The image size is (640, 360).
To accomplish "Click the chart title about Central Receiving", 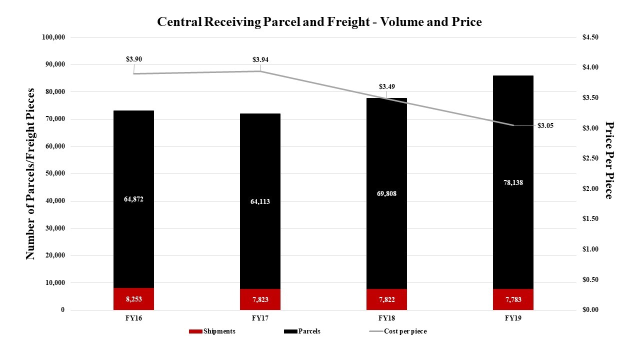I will [x=319, y=22].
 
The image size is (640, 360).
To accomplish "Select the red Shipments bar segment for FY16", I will [x=133, y=298].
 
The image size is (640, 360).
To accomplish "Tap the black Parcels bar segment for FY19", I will [x=513, y=182].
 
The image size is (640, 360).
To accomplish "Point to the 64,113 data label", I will [x=260, y=201].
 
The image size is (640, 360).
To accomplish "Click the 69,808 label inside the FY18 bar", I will [x=386, y=193].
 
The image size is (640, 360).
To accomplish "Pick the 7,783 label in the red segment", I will [x=513, y=299].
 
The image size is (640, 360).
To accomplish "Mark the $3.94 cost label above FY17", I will [x=260, y=60].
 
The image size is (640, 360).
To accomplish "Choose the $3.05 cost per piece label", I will [x=545, y=126].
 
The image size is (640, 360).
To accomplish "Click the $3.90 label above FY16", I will [x=133, y=59].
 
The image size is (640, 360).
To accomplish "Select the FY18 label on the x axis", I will [x=386, y=318].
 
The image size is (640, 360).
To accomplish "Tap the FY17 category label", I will [x=260, y=318].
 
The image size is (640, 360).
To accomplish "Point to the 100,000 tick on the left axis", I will [x=54, y=37].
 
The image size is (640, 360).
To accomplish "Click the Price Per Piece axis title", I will [x=608, y=160].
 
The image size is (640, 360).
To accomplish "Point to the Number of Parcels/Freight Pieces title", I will [x=30, y=173].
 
